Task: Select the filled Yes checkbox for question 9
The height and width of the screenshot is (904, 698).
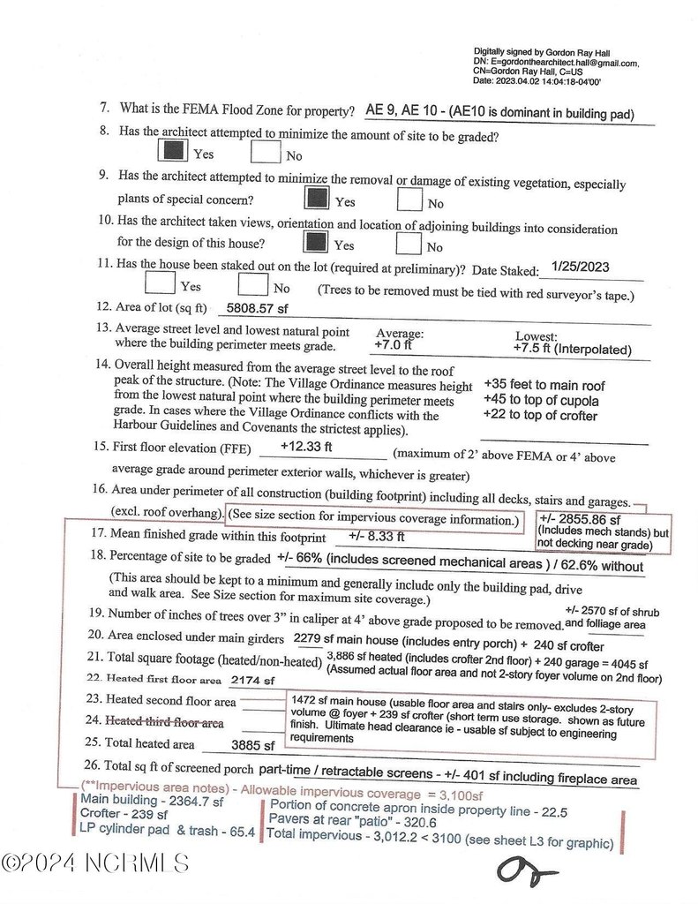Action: [317, 198]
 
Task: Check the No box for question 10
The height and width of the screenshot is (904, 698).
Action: [409, 242]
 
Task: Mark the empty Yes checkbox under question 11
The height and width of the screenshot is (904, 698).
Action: [160, 283]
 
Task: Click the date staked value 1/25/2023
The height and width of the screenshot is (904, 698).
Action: [580, 266]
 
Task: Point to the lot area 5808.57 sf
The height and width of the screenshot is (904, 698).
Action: [258, 309]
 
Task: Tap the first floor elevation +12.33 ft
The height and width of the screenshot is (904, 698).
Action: [306, 447]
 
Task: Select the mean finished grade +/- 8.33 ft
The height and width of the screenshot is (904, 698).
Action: [377, 536]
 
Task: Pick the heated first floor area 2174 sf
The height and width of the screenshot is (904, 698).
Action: [252, 681]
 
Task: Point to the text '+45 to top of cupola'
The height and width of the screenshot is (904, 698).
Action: [541, 401]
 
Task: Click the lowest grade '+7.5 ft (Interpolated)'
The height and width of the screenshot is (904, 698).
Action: [572, 350]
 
